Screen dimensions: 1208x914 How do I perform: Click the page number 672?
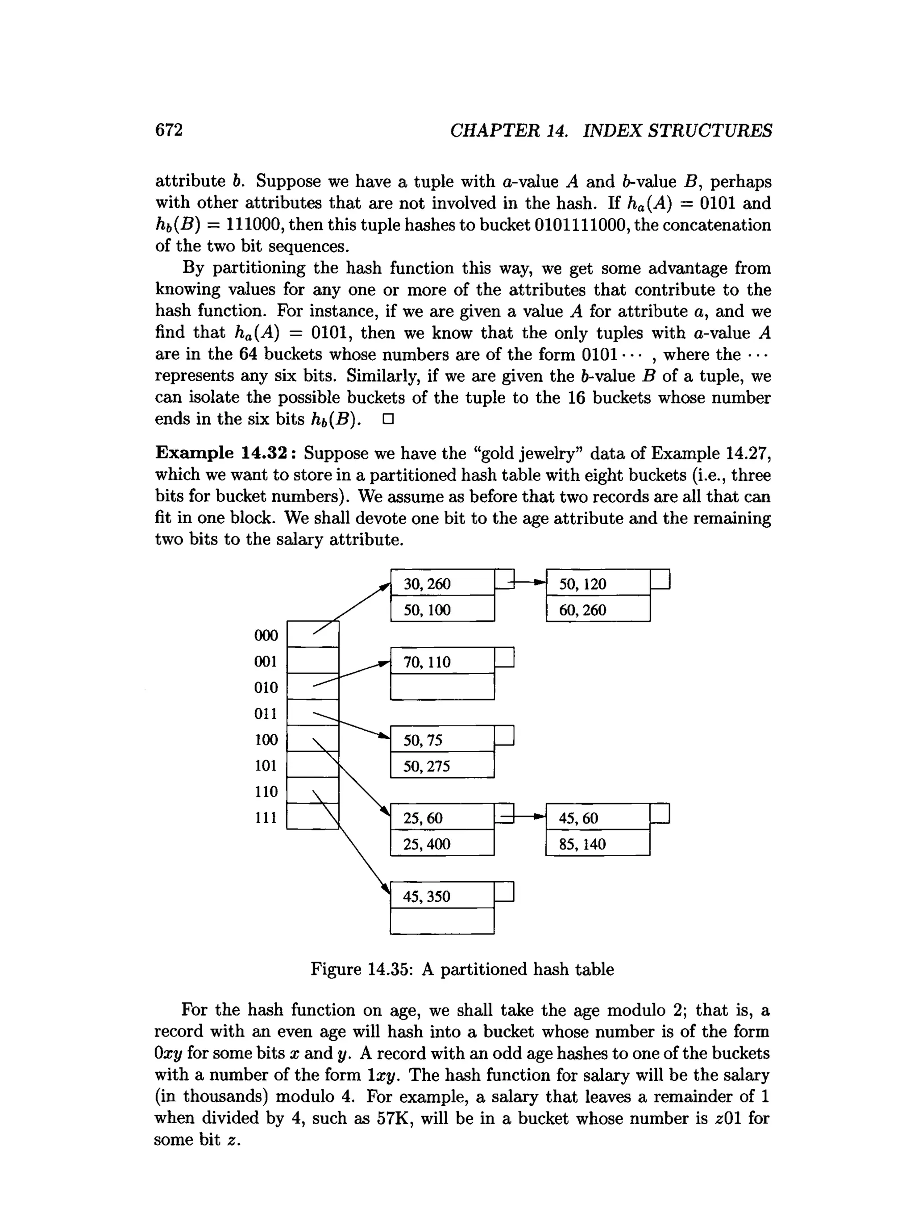(x=169, y=130)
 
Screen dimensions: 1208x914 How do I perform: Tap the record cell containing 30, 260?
(x=442, y=583)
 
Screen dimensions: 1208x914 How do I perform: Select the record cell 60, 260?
(x=598, y=609)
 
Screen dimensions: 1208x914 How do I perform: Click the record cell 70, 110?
(x=442, y=661)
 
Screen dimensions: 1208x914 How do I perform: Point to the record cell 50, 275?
(x=442, y=766)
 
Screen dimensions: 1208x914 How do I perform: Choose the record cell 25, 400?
(x=442, y=844)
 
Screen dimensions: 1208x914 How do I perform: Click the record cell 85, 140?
(x=598, y=844)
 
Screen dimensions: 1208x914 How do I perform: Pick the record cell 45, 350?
(x=442, y=896)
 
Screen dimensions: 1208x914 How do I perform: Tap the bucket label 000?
(x=266, y=635)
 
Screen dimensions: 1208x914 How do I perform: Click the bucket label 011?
(x=266, y=713)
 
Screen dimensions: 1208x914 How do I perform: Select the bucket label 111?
(x=266, y=817)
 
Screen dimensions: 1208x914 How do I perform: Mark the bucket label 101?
(x=266, y=766)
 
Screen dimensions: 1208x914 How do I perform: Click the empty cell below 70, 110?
(x=442, y=687)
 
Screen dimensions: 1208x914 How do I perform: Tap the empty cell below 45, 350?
(x=442, y=921)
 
